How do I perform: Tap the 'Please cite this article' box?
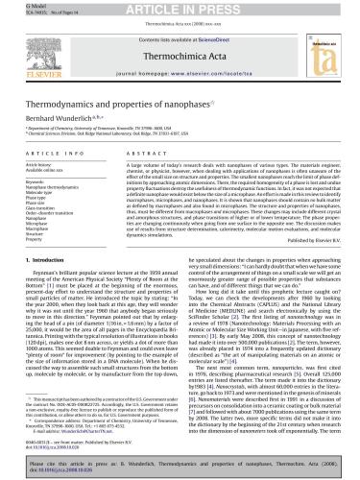(180, 465)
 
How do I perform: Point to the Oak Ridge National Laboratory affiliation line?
(115, 132)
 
